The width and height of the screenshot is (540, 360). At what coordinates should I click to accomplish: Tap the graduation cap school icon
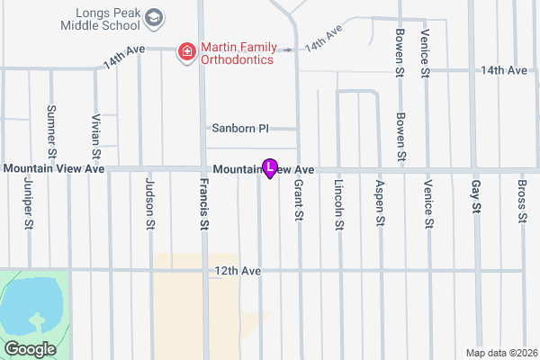click(x=154, y=17)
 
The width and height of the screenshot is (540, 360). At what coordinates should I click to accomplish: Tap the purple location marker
click(x=270, y=167)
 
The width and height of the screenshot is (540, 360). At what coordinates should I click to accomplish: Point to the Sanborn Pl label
click(x=239, y=129)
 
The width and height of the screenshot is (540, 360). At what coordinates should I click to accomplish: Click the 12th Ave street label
click(x=238, y=270)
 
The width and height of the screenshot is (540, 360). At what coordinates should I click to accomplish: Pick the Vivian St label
click(x=95, y=136)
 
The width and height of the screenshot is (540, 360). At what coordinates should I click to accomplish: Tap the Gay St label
click(x=476, y=201)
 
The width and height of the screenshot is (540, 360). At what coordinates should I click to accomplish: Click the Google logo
click(x=30, y=348)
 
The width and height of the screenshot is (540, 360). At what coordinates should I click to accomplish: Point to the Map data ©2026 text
click(x=501, y=352)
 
